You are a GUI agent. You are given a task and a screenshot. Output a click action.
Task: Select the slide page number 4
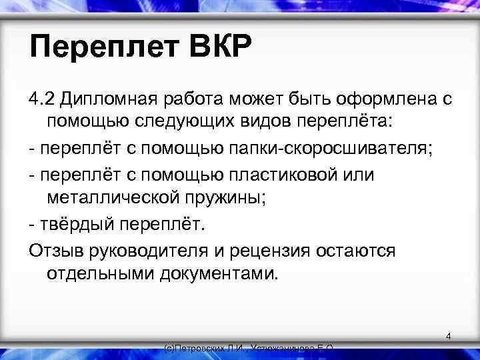click(449, 337)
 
